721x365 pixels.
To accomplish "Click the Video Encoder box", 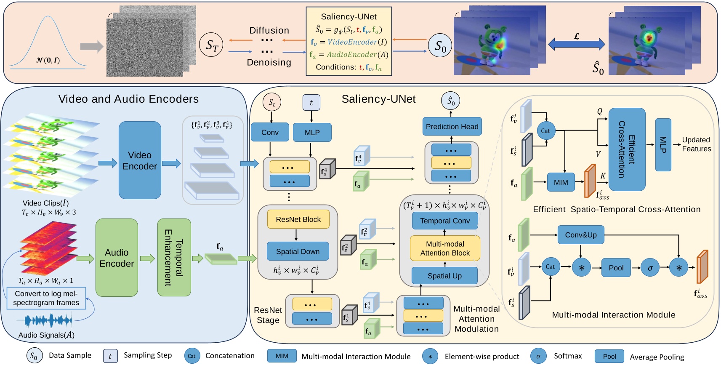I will tap(140, 160).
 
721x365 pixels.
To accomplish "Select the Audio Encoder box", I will tap(117, 258).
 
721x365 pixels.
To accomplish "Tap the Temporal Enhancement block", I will tap(174, 258).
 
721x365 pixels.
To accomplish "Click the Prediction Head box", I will tap(452, 126).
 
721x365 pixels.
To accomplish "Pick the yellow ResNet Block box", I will tap(298, 219).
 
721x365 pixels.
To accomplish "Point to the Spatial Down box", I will tap(298, 251).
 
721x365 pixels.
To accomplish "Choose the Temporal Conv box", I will tap(444, 221).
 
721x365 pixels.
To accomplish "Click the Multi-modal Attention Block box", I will tap(444, 248).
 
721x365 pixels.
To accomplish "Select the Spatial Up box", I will tap(444, 276).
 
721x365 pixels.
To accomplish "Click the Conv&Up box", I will tap(580, 235).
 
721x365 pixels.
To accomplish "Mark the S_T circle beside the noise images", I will tap(211, 45).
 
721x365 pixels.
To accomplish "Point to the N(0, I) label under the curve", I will tap(48, 60).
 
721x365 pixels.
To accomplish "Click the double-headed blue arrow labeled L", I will tap(576, 44).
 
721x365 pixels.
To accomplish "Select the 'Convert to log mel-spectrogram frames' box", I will tap(46, 298).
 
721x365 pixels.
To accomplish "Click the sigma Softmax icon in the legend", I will tap(538, 356).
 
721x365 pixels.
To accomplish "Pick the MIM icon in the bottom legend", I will tap(282, 356).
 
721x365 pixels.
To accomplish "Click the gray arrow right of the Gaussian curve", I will tap(91, 46).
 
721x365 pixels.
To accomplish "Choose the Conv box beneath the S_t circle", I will tap(270, 132).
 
